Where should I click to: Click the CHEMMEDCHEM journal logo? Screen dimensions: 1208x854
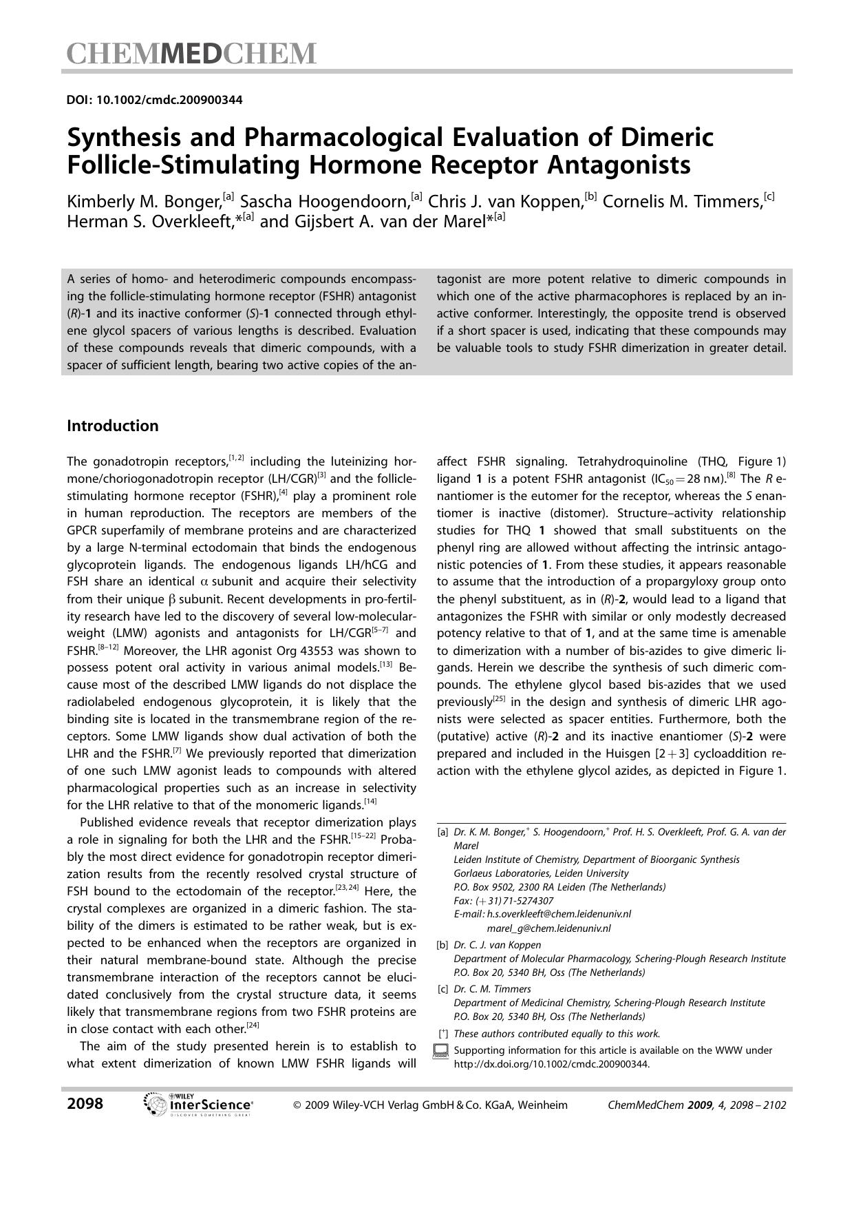coord(191,54)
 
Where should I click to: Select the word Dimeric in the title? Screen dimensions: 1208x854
coord(667,138)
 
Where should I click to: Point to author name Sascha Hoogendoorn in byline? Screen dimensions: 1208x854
coord(325,202)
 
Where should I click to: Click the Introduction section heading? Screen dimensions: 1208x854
coord(112,426)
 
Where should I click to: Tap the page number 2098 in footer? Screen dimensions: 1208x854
coord(85,1104)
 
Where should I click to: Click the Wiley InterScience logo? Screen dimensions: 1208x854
coord(198,1105)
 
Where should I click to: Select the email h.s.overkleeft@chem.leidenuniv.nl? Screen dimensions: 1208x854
coord(559,914)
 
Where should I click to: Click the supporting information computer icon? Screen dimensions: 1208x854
coord(442,1051)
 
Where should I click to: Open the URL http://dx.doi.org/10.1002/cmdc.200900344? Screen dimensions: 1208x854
coord(551,1063)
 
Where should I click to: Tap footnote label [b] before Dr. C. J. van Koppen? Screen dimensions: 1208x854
coord(442,945)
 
